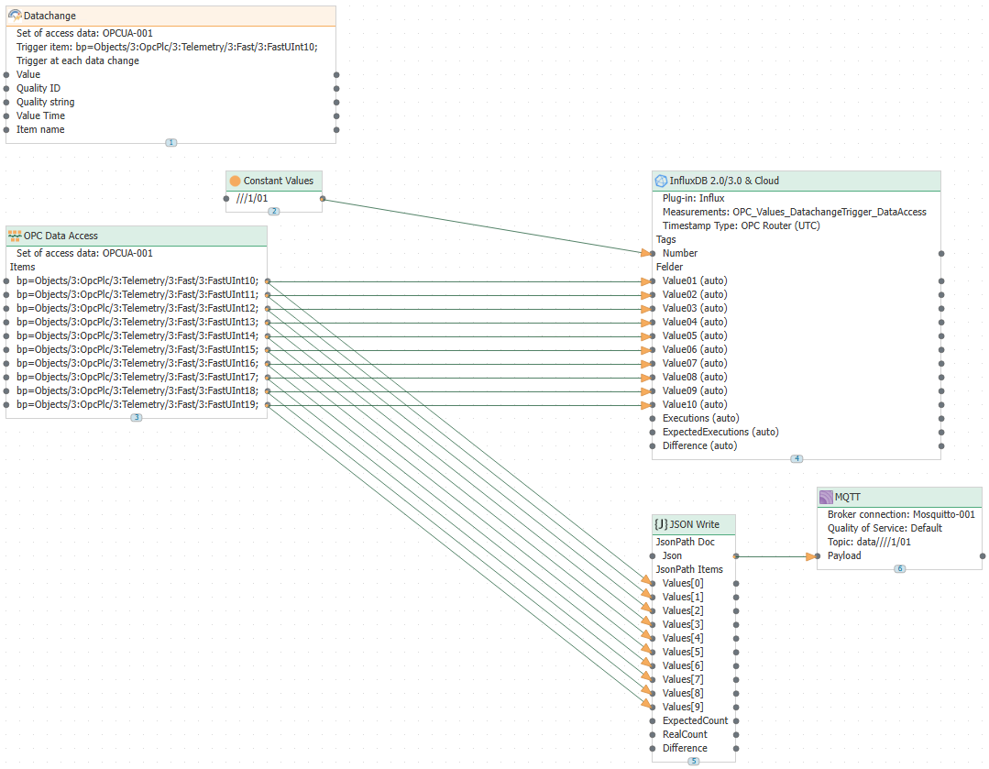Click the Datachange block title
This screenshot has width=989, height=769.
[x=49, y=16]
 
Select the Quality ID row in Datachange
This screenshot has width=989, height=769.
[x=38, y=88]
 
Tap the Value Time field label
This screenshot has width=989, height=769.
[x=40, y=116]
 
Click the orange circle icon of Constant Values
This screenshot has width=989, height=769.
[x=236, y=181]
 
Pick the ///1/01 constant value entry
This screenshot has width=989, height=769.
[x=252, y=199]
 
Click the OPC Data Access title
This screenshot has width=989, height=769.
[x=60, y=236]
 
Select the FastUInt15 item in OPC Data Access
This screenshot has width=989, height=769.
[x=137, y=350]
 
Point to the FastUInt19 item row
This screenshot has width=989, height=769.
[x=137, y=405]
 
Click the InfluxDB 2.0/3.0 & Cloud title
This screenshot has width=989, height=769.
[x=724, y=181]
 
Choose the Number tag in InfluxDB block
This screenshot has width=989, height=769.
[x=680, y=254]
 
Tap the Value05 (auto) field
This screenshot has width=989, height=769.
[x=695, y=336]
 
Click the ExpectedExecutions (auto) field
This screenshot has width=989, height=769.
[x=720, y=432]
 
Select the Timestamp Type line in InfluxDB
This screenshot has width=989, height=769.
[x=742, y=225]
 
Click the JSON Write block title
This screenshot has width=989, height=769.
[x=694, y=525]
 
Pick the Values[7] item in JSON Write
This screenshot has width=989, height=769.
[x=683, y=680]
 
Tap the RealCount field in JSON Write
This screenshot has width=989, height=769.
[x=685, y=735]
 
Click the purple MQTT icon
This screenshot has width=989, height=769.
[x=826, y=497]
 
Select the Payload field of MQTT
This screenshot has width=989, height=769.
[x=844, y=556]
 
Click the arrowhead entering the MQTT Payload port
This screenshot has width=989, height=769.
[x=810, y=557]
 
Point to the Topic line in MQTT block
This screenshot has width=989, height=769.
[x=869, y=543]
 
